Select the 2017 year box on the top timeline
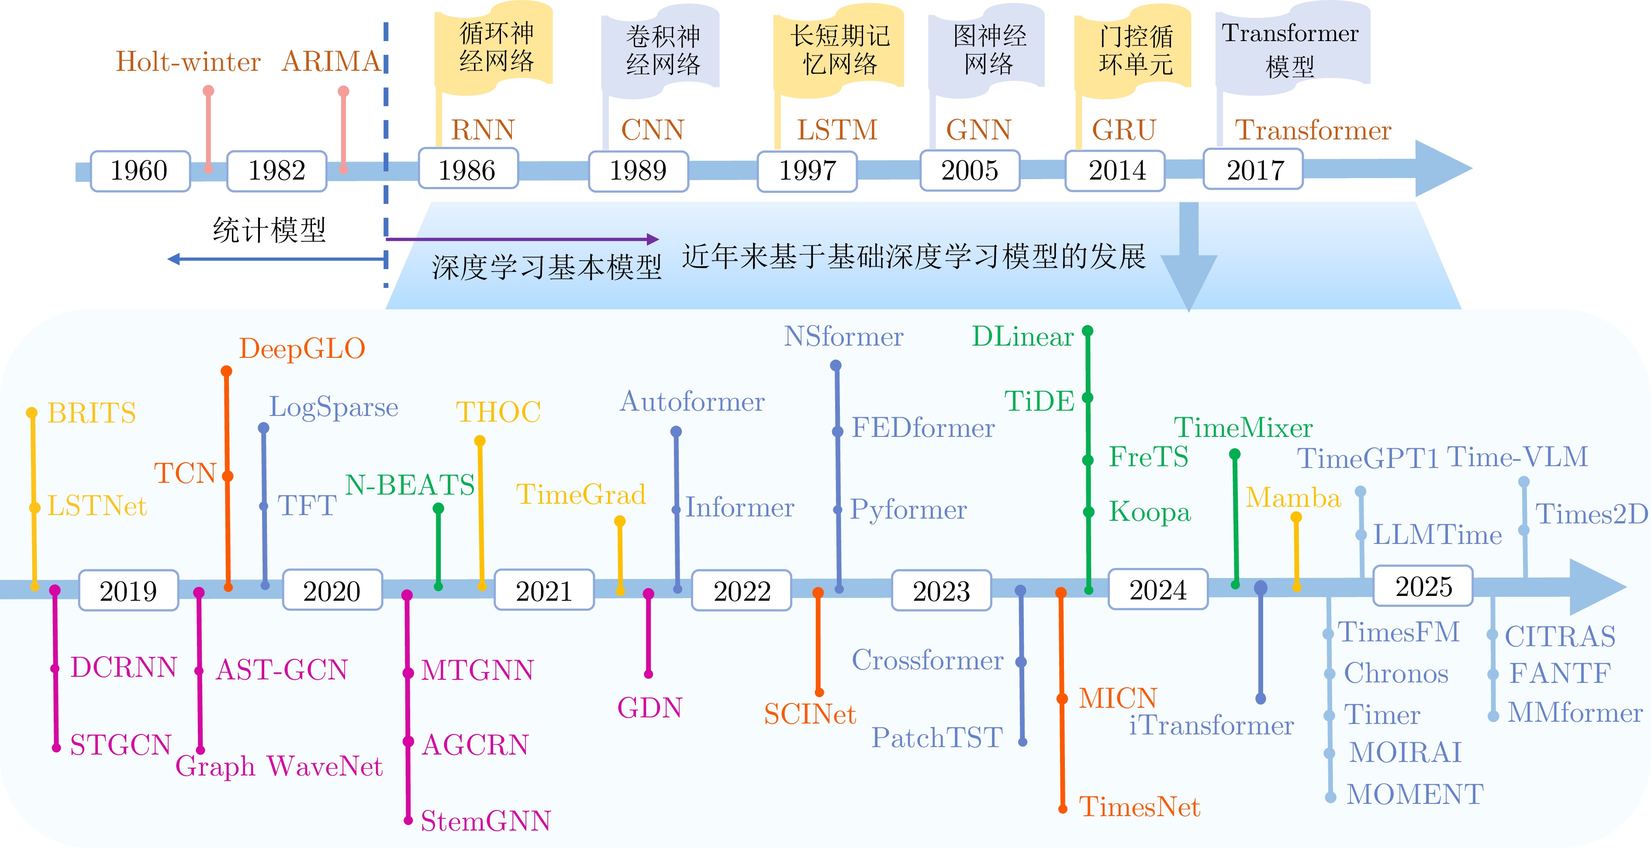click(x=1253, y=170)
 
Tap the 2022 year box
click(x=742, y=590)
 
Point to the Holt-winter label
click(x=188, y=62)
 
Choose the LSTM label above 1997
click(x=836, y=130)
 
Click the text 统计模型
click(x=269, y=229)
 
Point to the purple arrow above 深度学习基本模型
click(x=522, y=239)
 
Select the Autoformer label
click(x=692, y=402)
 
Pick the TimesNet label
click(x=1139, y=807)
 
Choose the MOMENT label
click(x=1415, y=795)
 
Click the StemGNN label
click(x=485, y=821)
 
